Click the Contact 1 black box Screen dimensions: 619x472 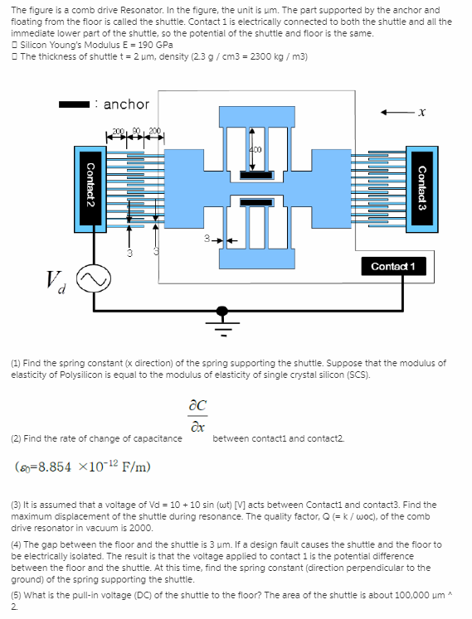click(393, 266)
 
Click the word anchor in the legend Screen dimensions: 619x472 click(126, 104)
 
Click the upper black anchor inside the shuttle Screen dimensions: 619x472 click(256, 175)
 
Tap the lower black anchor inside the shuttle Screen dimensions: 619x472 click(256, 202)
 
